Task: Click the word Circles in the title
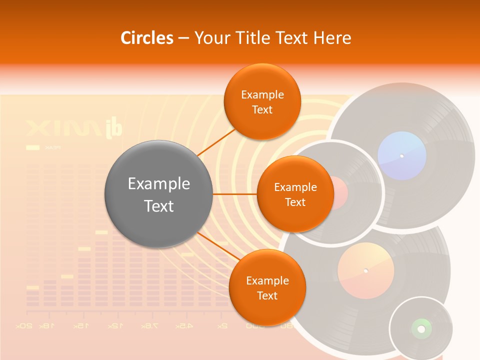(x=146, y=38)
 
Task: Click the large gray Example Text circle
(x=158, y=194)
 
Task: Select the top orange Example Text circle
(x=262, y=101)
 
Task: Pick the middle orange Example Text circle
(x=295, y=194)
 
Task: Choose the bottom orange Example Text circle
(x=267, y=287)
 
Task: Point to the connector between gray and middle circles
(x=234, y=194)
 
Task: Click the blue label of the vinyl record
(x=402, y=155)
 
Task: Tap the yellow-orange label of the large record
(x=365, y=271)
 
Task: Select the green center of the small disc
(x=421, y=328)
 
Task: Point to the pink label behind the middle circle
(x=340, y=192)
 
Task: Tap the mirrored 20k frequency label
(x=24, y=326)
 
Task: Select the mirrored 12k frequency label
(x=114, y=326)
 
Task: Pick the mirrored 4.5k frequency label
(x=184, y=326)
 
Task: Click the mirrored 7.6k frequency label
(x=149, y=326)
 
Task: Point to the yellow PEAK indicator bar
(x=32, y=147)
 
